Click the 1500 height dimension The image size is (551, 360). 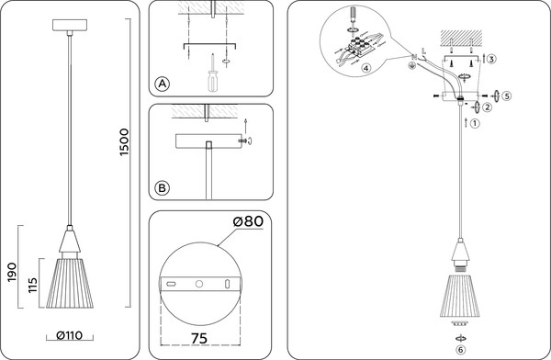[x=124, y=142]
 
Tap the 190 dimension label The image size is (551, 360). [x=12, y=272]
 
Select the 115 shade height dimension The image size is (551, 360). [x=32, y=285]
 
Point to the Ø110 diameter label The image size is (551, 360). [x=69, y=335]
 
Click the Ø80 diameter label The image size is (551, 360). [x=248, y=221]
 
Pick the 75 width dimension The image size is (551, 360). [x=199, y=338]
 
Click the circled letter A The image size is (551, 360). [x=162, y=84]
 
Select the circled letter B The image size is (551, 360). [x=162, y=188]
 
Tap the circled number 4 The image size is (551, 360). [x=365, y=68]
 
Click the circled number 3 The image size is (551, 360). [x=491, y=59]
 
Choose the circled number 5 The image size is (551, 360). [x=506, y=96]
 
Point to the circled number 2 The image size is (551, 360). [x=487, y=107]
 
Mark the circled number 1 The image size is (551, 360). [x=475, y=123]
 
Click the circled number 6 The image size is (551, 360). [x=461, y=350]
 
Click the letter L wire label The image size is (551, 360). [x=423, y=51]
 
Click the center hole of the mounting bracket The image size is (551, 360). [x=199, y=284]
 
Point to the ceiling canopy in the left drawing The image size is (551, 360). [x=70, y=26]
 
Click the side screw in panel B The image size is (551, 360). [x=243, y=141]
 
